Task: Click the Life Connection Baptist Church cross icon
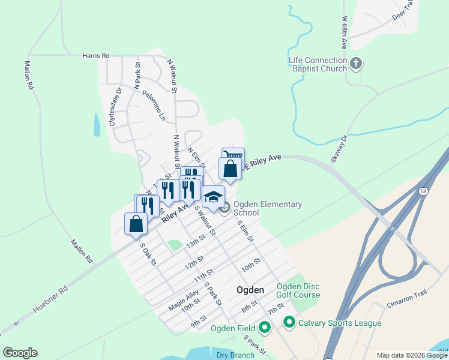356,64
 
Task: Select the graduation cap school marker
214,196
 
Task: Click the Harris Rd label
96,56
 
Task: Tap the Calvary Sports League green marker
289,323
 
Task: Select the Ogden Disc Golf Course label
298,290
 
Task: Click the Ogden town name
250,290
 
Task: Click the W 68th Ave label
345,33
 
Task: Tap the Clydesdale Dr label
115,106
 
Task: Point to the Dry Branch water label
235,355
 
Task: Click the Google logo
20,353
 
